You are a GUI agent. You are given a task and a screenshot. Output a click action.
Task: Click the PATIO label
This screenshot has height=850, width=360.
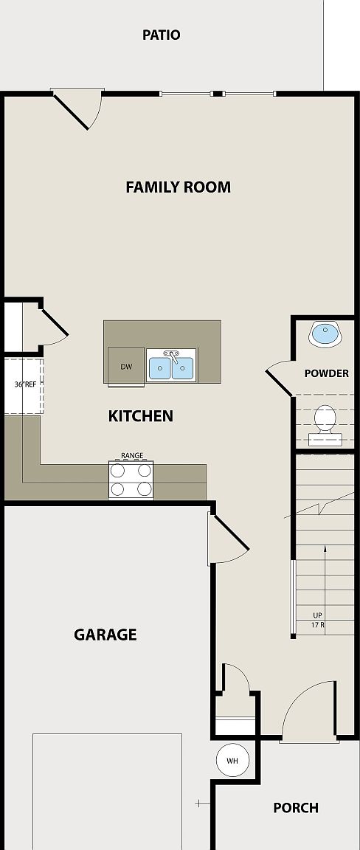(161, 35)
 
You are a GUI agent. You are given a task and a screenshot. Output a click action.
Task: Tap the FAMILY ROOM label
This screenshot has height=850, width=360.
(178, 187)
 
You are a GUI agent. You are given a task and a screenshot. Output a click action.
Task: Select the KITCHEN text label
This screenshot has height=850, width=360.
(141, 416)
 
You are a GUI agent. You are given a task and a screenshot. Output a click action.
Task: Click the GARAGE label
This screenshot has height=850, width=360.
(105, 635)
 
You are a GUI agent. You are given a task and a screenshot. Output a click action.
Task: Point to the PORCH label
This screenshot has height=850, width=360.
(296, 808)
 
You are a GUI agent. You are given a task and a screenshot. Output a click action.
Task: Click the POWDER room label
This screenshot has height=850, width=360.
(326, 373)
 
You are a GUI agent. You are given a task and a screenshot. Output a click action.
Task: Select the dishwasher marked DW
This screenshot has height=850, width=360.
(126, 366)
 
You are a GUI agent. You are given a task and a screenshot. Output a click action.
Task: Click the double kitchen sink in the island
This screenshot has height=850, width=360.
(171, 367)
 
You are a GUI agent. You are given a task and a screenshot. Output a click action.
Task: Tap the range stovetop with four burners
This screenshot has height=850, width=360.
(131, 480)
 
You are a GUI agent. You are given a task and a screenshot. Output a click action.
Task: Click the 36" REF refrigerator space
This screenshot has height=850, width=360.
(24, 385)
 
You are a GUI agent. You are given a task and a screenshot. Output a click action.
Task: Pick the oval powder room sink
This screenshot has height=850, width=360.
(325, 334)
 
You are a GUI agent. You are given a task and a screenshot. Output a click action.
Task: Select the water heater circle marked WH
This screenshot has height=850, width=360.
(232, 760)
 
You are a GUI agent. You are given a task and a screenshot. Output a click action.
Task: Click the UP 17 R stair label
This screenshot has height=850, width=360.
(318, 620)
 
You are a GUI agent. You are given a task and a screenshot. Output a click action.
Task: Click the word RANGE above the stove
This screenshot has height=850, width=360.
(131, 456)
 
